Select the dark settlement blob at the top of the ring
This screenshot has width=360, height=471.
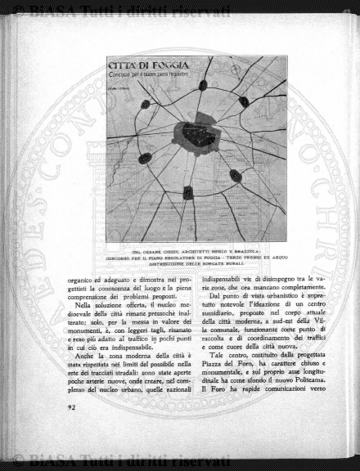coord(203,85)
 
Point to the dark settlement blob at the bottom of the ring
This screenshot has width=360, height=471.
coord(187,192)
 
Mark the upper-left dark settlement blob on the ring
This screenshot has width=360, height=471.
coord(146,104)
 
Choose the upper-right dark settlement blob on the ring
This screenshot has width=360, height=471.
coord(244,101)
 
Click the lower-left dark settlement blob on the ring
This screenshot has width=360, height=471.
coord(145,158)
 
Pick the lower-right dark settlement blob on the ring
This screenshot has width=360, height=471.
coord(236,176)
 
